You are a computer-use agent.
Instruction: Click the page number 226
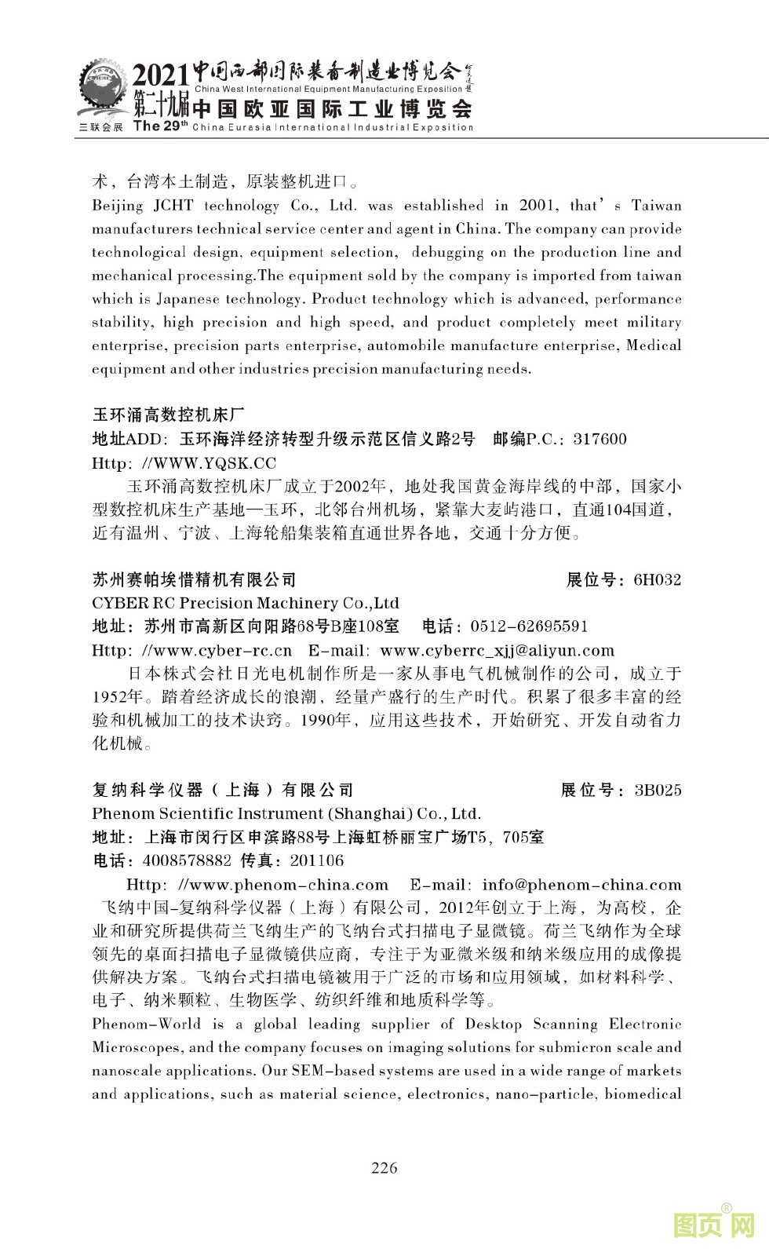click(384, 1167)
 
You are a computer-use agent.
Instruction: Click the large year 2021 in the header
click(161, 76)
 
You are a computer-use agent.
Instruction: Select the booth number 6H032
click(657, 580)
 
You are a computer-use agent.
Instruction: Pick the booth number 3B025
click(658, 790)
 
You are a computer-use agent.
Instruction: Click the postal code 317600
click(600, 439)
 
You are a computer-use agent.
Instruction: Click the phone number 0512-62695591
click(529, 626)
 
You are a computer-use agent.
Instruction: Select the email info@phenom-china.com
click(581, 885)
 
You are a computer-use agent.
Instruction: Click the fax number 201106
click(317, 860)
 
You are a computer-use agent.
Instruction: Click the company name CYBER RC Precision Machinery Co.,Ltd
click(246, 603)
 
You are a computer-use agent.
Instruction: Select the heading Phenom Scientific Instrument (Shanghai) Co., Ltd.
click(286, 813)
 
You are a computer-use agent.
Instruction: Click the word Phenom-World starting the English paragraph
click(147, 1024)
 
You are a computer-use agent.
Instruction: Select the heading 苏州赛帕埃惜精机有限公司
click(195, 580)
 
